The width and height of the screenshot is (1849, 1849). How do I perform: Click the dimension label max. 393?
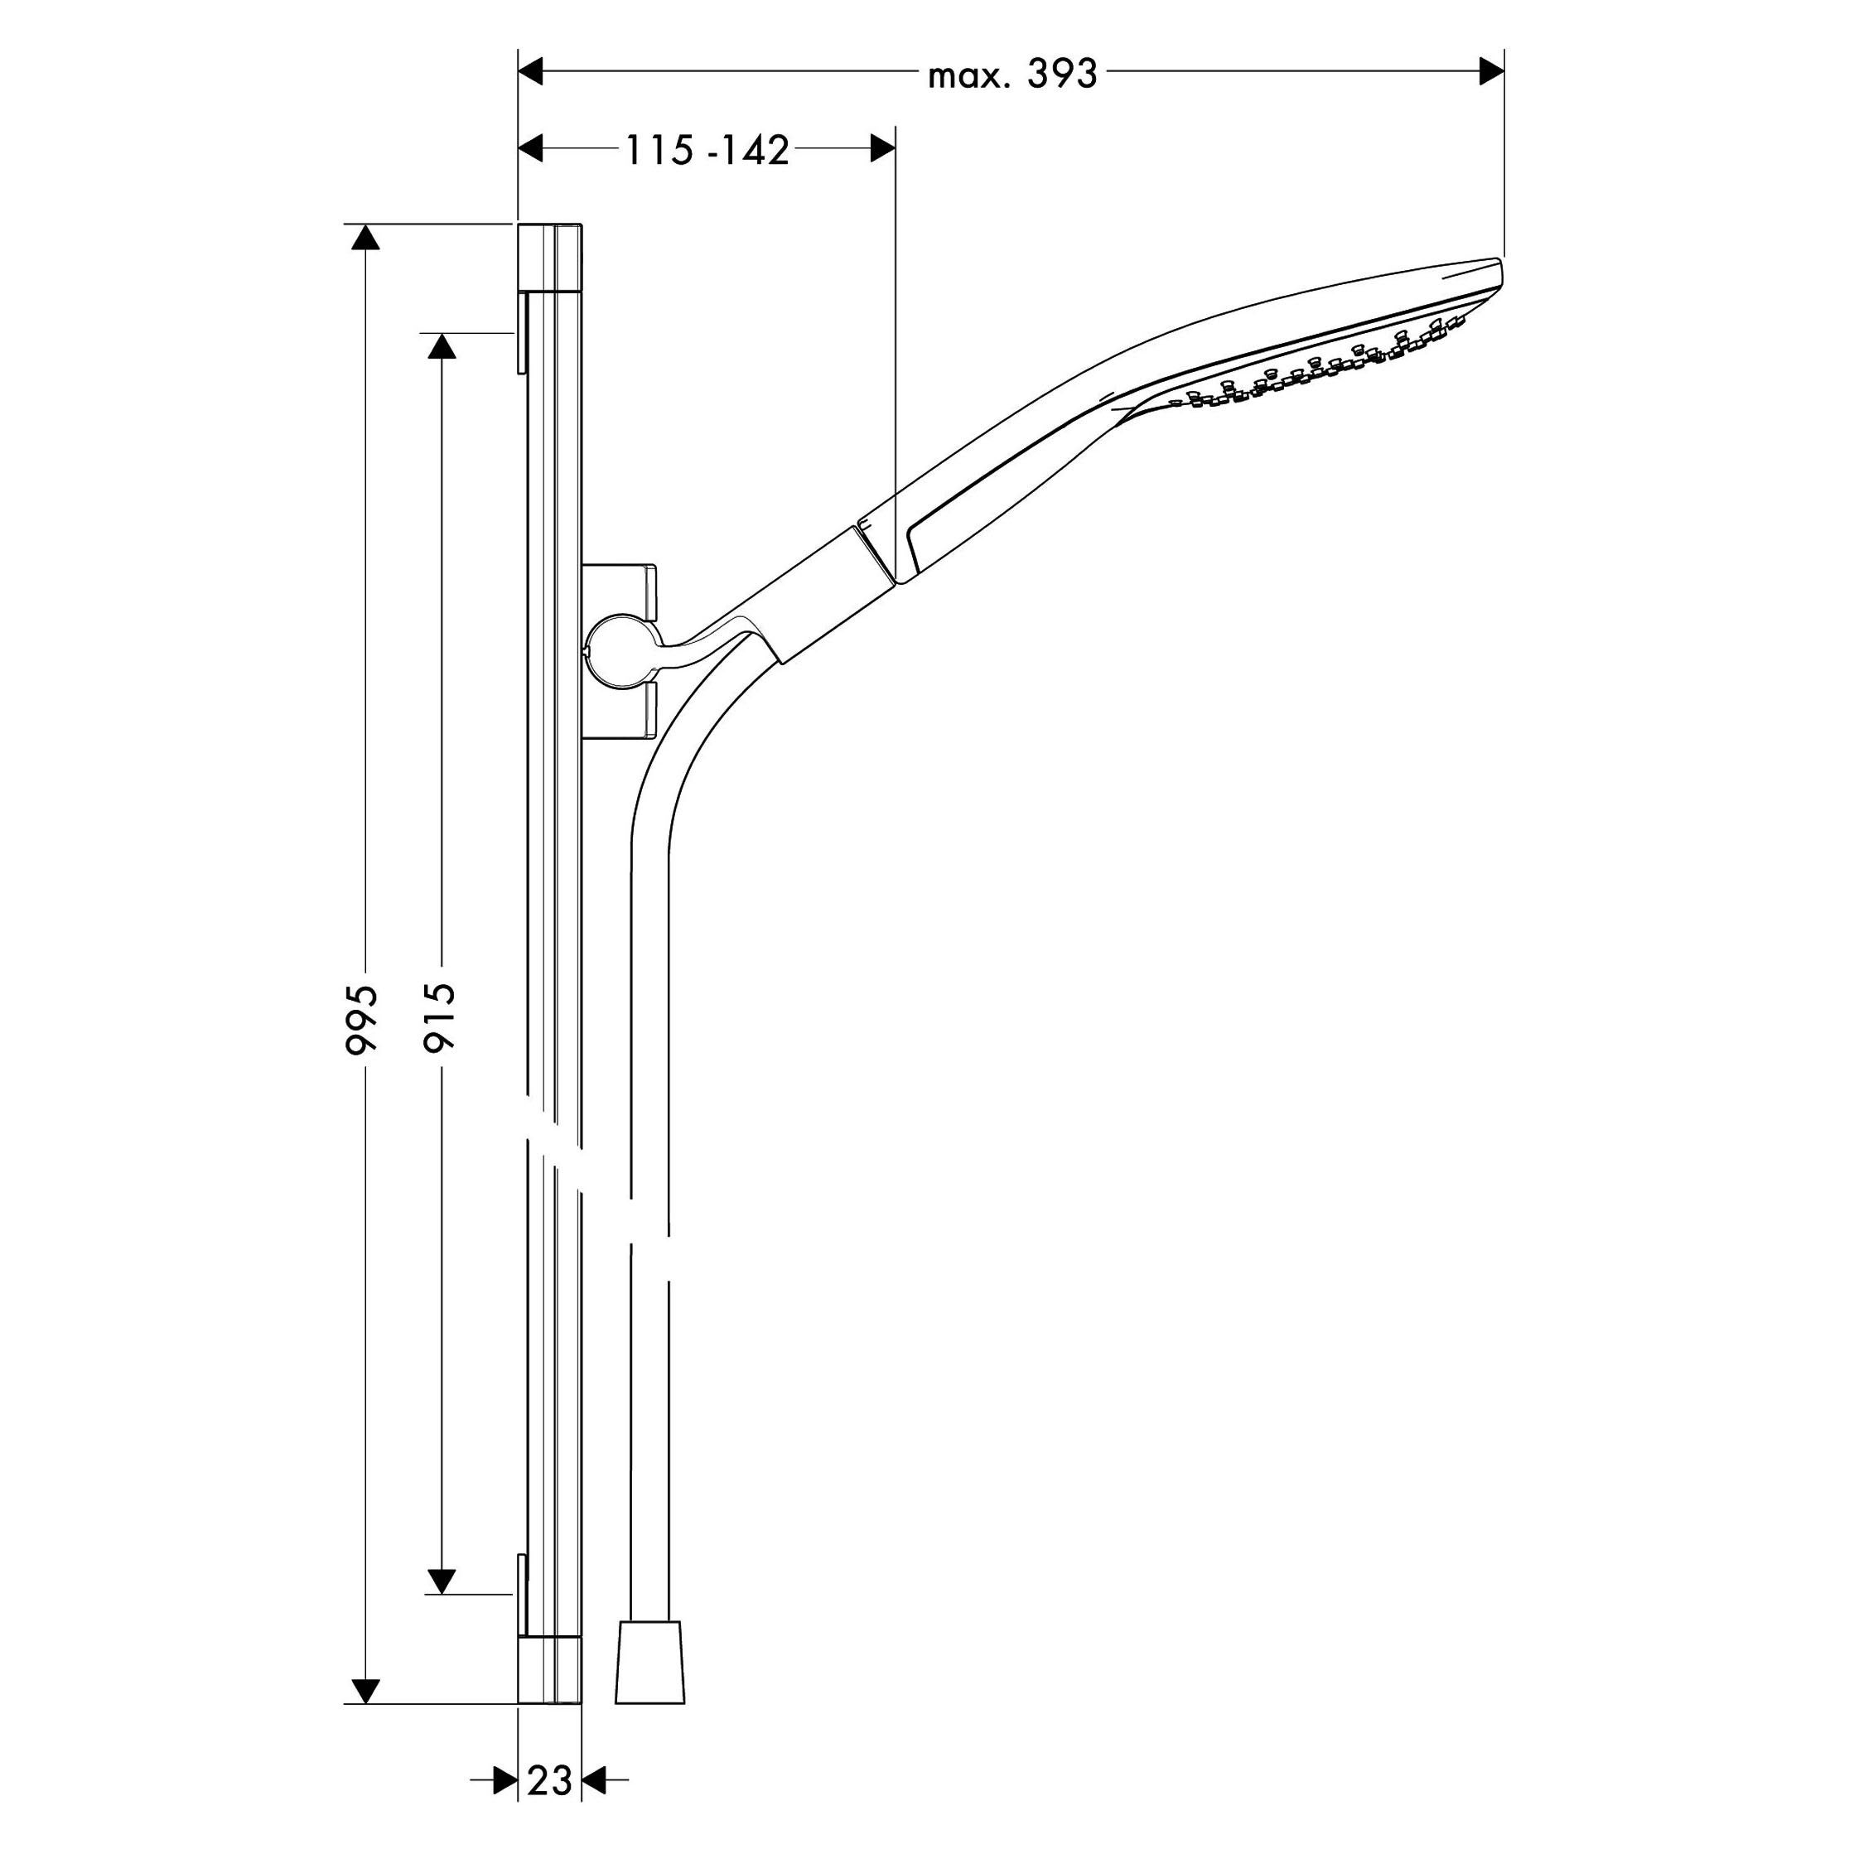[x=1011, y=74]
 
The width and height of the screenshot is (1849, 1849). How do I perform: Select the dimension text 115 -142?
[x=707, y=150]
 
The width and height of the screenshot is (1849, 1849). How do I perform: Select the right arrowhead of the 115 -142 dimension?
[x=882, y=148]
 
